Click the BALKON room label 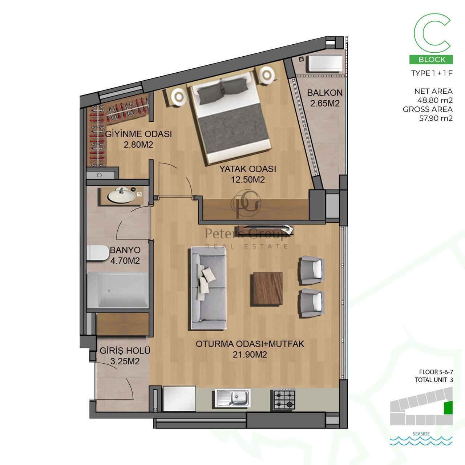325,93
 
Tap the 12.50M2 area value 248,179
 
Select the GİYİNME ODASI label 138,134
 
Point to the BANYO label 125,250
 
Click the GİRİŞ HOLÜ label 125,350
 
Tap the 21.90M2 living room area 250,355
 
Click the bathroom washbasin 121,194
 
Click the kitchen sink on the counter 231,398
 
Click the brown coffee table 268,289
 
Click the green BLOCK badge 431,59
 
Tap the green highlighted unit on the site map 448,408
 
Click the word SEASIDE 421,434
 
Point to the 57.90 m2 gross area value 436,118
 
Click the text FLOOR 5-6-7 436,372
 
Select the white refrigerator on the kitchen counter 179,399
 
